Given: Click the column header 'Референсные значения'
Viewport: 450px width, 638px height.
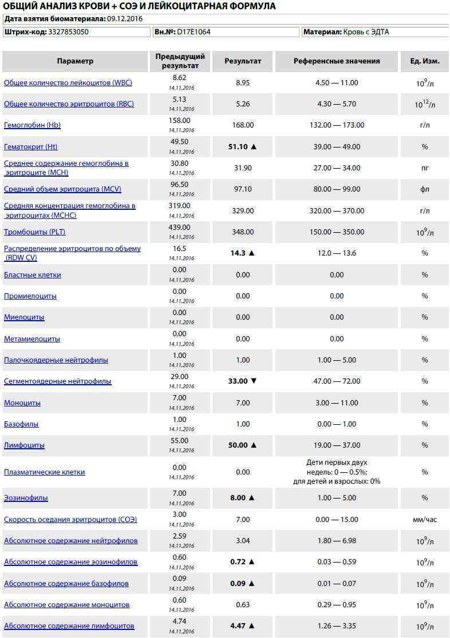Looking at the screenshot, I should (x=337, y=61).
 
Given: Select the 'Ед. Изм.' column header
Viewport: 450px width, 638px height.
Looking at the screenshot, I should (x=425, y=61).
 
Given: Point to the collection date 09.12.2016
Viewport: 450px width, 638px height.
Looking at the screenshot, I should (x=125, y=19).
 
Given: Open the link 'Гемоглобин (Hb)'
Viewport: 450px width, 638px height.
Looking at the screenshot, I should (x=32, y=125).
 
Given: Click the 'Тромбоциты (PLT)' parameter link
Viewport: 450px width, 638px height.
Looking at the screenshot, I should (x=34, y=232).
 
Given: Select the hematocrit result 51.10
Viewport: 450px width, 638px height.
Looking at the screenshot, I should (x=238, y=147).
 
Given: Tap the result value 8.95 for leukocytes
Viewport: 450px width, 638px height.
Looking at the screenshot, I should (x=243, y=83).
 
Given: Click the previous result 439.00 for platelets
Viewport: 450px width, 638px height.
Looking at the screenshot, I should (x=179, y=228).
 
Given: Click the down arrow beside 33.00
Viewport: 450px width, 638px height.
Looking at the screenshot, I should (x=254, y=381).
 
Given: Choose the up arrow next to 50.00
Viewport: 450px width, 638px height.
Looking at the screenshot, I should (x=254, y=445).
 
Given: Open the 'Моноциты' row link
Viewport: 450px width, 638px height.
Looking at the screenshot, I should (x=22, y=403).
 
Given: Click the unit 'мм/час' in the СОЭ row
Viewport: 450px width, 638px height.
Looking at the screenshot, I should (x=425, y=520).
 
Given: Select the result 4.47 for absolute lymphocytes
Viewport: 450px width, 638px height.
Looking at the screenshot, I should (x=238, y=626).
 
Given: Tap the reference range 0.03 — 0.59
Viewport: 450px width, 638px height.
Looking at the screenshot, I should (x=337, y=562).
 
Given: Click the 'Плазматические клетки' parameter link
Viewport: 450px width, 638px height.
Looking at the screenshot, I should (x=45, y=472).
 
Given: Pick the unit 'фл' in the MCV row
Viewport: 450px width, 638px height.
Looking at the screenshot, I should (x=425, y=189).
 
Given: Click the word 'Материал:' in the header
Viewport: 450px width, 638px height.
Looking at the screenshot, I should (x=323, y=32).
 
